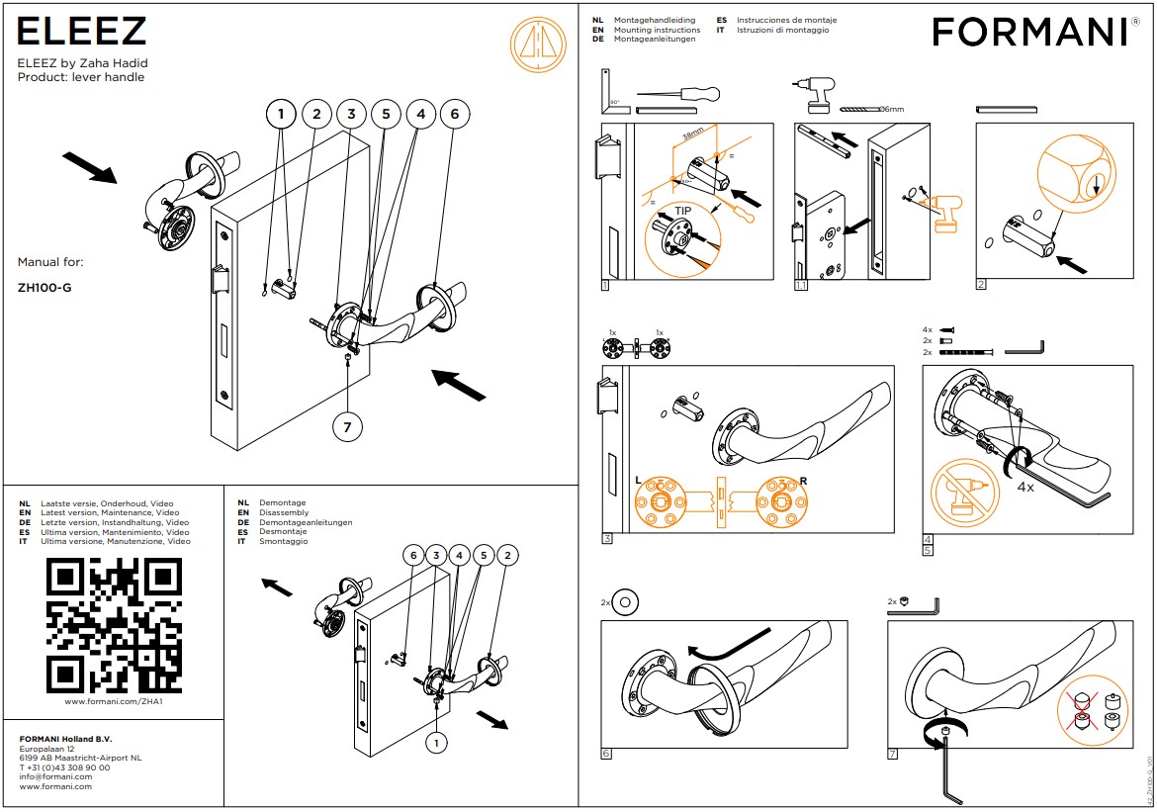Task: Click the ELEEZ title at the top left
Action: pyautogui.click(x=82, y=32)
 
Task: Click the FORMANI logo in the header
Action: pyautogui.click(x=1029, y=33)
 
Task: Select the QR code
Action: pyautogui.click(x=115, y=625)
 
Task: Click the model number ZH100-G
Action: pyautogui.click(x=44, y=289)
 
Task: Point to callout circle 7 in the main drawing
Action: pyautogui.click(x=346, y=427)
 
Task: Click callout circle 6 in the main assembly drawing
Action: pyautogui.click(x=454, y=115)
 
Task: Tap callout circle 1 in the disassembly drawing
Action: pyautogui.click(x=435, y=741)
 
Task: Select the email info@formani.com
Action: pyautogui.click(x=56, y=776)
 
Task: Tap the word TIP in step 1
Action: pyautogui.click(x=683, y=211)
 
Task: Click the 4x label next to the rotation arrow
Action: pyautogui.click(x=1025, y=487)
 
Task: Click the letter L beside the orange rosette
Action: pyautogui.click(x=639, y=481)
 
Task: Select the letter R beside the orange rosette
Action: pyautogui.click(x=802, y=481)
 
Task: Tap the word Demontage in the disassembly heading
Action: pyautogui.click(x=282, y=503)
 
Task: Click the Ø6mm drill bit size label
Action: pyautogui.click(x=892, y=109)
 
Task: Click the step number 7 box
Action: pyautogui.click(x=893, y=755)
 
